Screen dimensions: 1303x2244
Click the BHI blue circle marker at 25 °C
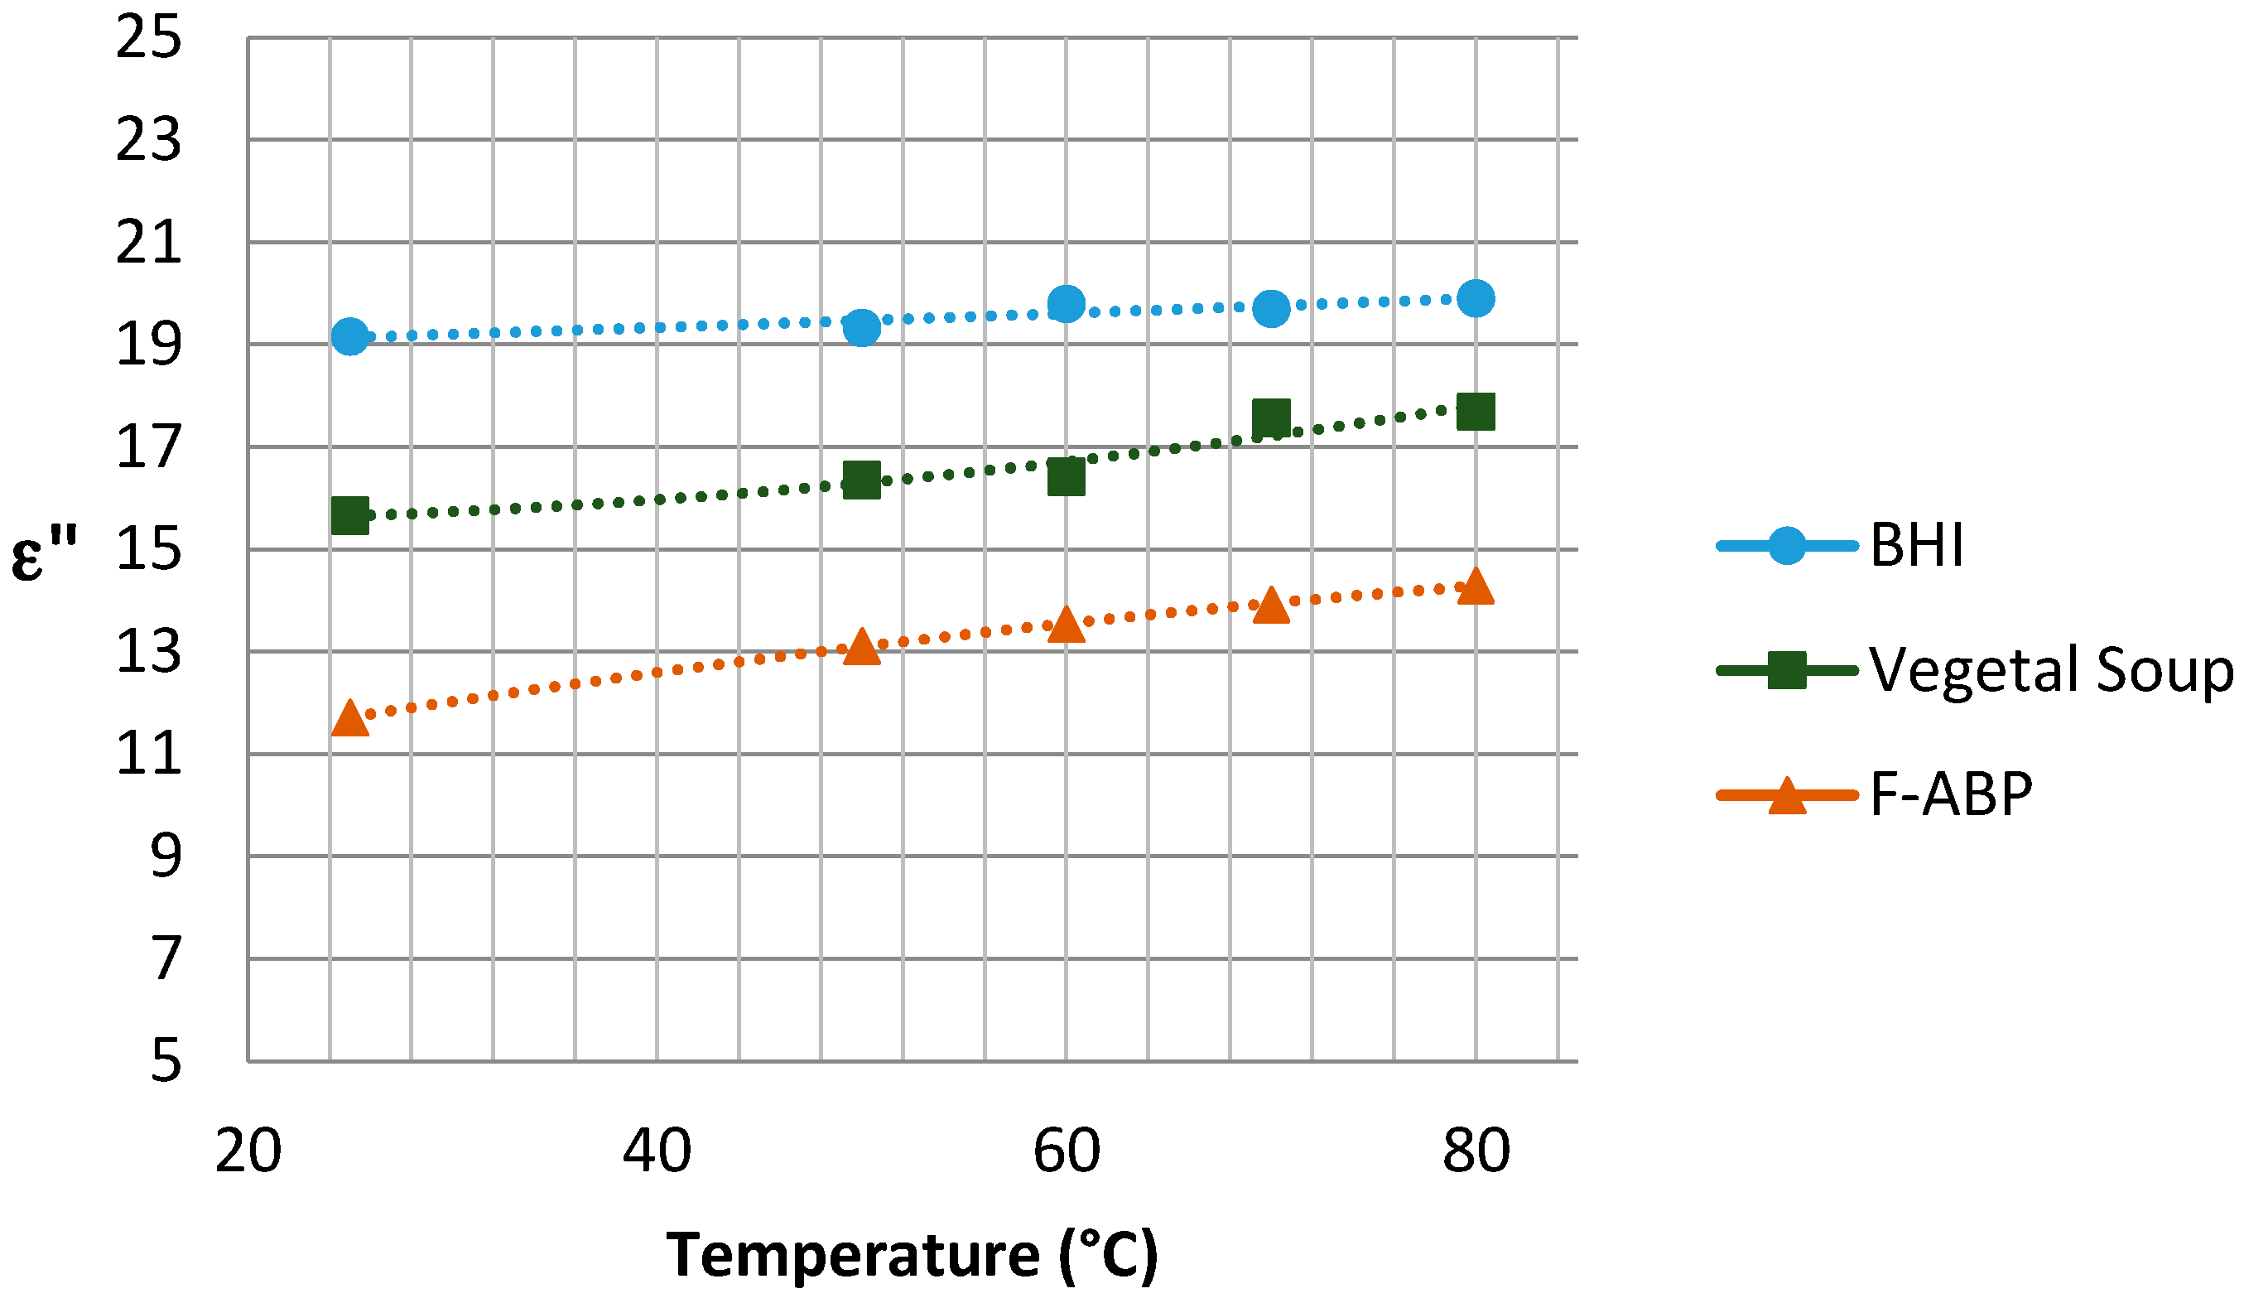click(350, 335)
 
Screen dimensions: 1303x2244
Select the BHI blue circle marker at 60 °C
click(1066, 304)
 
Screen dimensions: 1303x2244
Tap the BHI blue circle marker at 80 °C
click(1476, 297)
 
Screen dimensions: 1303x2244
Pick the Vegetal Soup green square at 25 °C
click(350, 516)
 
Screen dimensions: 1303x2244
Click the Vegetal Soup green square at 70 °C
click(1271, 417)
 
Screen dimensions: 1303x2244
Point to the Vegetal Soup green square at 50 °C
click(861, 480)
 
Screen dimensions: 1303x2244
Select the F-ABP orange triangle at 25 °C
click(350, 719)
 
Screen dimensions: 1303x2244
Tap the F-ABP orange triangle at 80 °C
click(1476, 588)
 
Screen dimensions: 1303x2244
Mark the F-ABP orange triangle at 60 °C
click(1066, 625)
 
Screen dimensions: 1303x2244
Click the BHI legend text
click(1915, 545)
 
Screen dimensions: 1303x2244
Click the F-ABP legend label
click(1950, 794)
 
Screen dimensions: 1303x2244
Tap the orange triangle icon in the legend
click(1786, 795)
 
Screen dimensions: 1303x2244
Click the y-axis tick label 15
click(149, 549)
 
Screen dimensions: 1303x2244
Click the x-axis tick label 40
click(657, 1151)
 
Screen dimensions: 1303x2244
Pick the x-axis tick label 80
click(1476, 1151)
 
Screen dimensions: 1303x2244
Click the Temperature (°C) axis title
click(912, 1255)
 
